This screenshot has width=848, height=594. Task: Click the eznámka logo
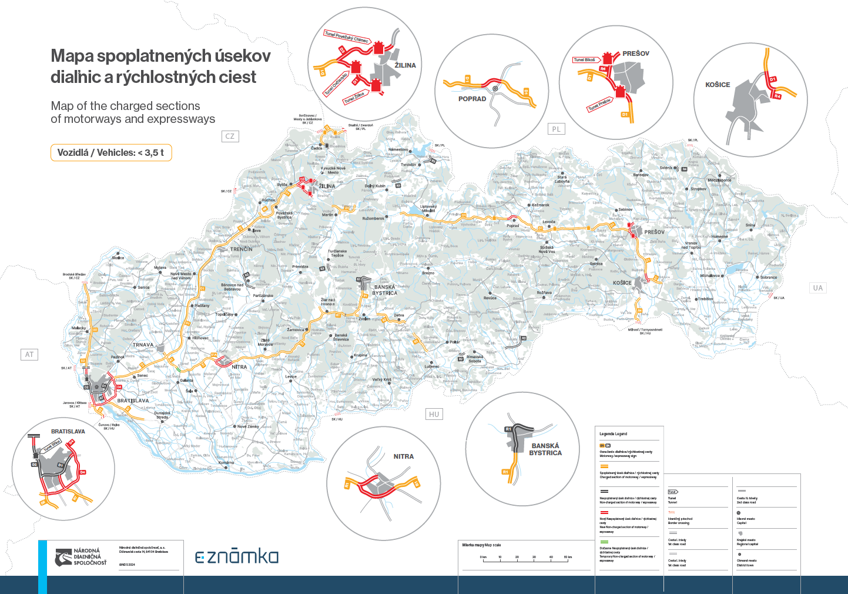point(237,556)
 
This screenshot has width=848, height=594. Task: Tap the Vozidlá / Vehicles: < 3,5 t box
point(111,152)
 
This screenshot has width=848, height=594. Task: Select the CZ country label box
point(230,136)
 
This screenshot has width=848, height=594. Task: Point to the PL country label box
point(556,129)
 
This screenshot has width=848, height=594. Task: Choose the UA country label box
point(817,288)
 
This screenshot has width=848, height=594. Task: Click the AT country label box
point(29,354)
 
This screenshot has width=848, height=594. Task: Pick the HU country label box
point(434,414)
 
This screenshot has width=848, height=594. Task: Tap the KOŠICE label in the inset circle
point(718,85)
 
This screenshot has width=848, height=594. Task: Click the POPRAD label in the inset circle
point(472,99)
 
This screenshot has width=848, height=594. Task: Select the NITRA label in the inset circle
point(404,456)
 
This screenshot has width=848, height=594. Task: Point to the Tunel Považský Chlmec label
point(347,37)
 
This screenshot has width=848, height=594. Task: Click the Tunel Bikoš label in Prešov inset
point(585,59)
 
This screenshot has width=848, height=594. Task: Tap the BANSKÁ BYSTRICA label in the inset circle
point(545,449)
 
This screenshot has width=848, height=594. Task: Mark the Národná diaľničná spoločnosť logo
point(81,557)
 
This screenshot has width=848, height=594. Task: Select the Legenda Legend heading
point(613,434)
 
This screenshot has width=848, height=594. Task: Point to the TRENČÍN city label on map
point(242,249)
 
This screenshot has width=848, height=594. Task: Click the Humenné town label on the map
point(719,236)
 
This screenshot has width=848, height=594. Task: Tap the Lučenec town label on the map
point(432,366)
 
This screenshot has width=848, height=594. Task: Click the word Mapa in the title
point(72,56)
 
